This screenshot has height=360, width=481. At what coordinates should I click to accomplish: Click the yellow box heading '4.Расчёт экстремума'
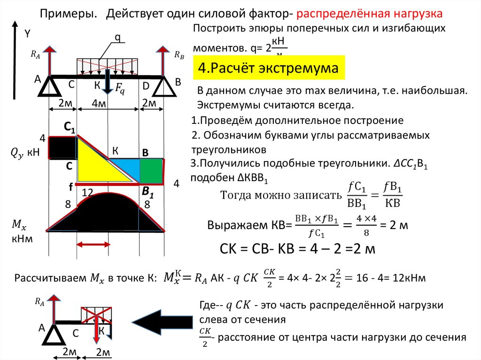tap(268, 69)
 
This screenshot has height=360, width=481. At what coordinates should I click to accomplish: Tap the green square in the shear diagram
tap(150, 170)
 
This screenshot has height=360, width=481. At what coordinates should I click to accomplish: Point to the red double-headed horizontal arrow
tap(93, 244)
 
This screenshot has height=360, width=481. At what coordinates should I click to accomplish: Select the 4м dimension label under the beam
tap(99, 104)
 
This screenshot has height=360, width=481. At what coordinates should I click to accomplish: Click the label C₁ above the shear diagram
tap(70, 127)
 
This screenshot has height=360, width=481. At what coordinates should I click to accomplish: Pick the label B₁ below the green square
tap(148, 191)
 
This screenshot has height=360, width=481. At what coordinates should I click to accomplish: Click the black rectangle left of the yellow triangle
tap(61, 148)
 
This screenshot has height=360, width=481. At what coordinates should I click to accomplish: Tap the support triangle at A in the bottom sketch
tap(55, 335)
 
